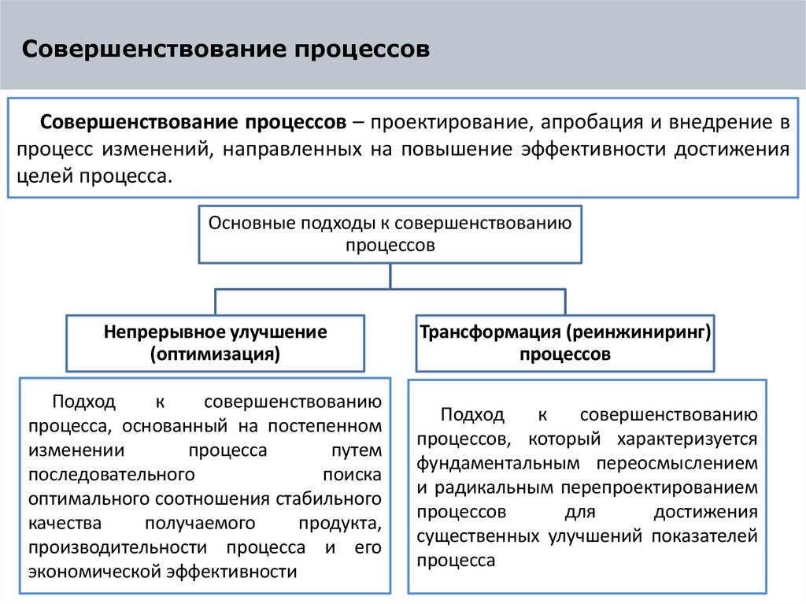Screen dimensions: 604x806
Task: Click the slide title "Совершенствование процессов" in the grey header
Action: (x=226, y=50)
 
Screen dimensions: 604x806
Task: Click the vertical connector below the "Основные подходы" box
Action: (x=390, y=276)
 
